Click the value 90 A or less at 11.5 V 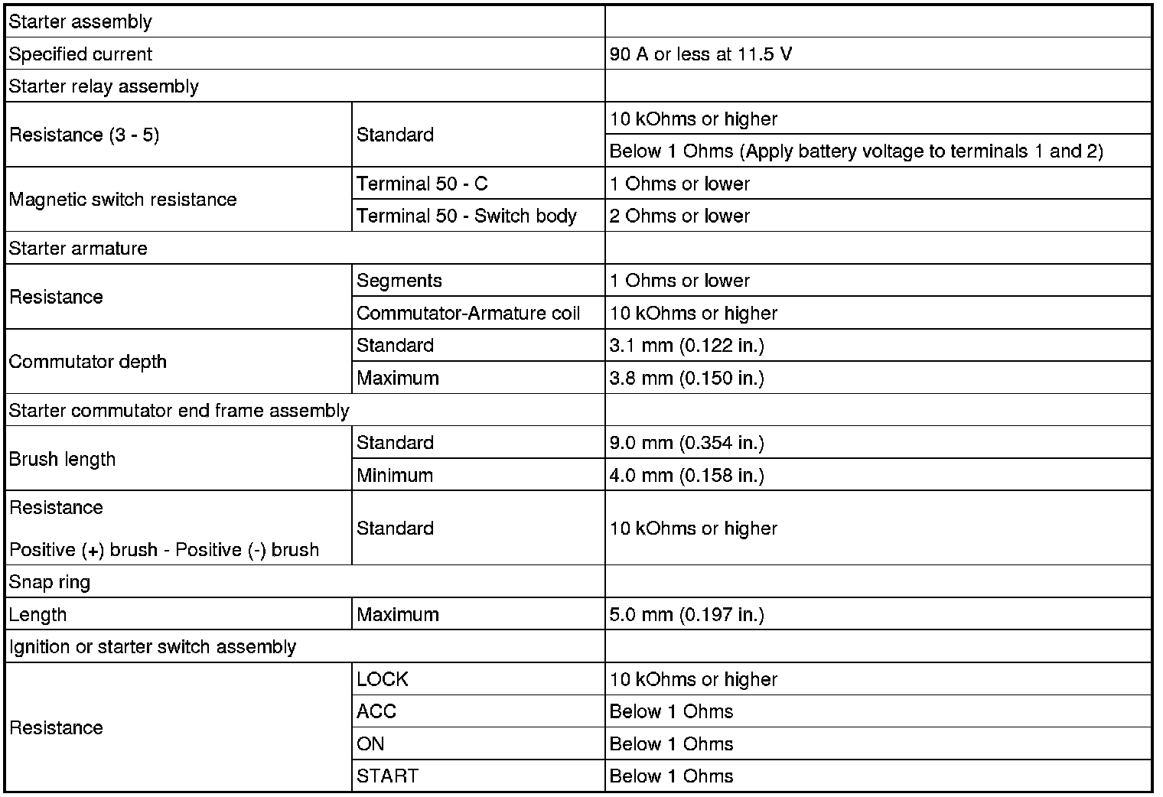[x=700, y=54]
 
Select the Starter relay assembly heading [x=103, y=86]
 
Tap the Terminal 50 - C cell [x=422, y=184]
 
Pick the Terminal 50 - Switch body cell [x=466, y=216]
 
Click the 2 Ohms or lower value [x=679, y=216]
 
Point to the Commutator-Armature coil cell [x=468, y=313]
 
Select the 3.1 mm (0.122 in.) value [x=686, y=345]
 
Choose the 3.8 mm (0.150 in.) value [x=686, y=378]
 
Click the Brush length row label [x=62, y=459]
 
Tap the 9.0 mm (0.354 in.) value [x=686, y=443]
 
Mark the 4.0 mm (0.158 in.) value [x=686, y=475]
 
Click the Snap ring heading [x=49, y=582]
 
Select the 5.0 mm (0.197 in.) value [x=686, y=614]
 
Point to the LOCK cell [x=382, y=679]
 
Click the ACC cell [x=376, y=711]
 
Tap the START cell [x=387, y=776]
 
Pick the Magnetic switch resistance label [x=122, y=200]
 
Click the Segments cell [x=399, y=281]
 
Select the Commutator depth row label [x=87, y=362]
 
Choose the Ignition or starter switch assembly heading [x=152, y=647]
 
